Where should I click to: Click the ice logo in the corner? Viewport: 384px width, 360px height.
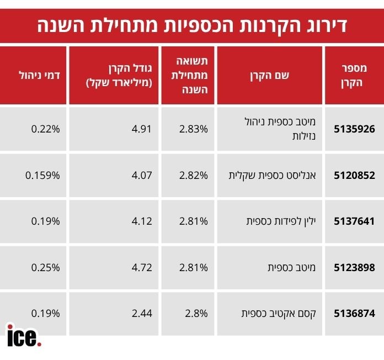tap(24, 335)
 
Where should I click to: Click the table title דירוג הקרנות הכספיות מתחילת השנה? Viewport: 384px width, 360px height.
tap(192, 25)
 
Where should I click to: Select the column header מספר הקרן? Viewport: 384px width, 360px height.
tap(354, 75)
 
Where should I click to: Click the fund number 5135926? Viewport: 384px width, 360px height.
tap(354, 129)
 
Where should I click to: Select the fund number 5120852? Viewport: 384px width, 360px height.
tap(354, 176)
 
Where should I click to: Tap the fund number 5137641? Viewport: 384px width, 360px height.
tap(354, 221)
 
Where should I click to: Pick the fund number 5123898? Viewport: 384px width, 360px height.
tap(354, 267)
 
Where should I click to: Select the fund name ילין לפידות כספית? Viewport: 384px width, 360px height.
tap(280, 221)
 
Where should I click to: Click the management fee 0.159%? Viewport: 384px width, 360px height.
tap(42, 176)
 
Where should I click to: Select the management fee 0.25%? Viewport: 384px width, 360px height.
tap(45, 267)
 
